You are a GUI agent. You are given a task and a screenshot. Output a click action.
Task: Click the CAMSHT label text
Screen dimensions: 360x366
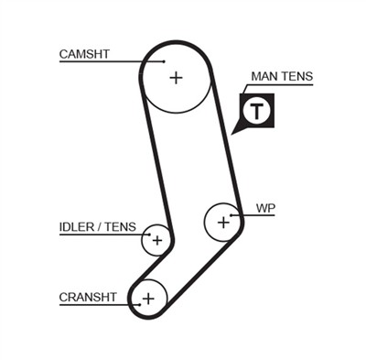coord(84,54)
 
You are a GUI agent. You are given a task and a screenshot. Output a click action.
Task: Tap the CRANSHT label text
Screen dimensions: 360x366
coord(88,297)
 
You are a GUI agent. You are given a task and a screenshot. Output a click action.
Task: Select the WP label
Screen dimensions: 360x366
coord(265,208)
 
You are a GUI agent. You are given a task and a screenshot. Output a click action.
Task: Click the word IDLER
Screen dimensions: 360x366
coord(75,226)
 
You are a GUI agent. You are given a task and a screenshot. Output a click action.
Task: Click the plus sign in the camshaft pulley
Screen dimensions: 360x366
coord(176,78)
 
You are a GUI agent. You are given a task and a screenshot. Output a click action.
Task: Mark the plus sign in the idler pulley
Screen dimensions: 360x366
coord(156,241)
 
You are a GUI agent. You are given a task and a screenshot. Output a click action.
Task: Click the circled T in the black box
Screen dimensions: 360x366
coord(259,112)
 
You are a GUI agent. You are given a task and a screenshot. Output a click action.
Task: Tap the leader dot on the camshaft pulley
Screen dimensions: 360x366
coord(163,62)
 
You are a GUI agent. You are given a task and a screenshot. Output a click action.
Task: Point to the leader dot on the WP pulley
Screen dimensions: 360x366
coord(232,214)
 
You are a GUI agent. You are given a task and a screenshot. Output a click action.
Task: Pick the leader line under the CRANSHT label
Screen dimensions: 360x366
coord(91,304)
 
